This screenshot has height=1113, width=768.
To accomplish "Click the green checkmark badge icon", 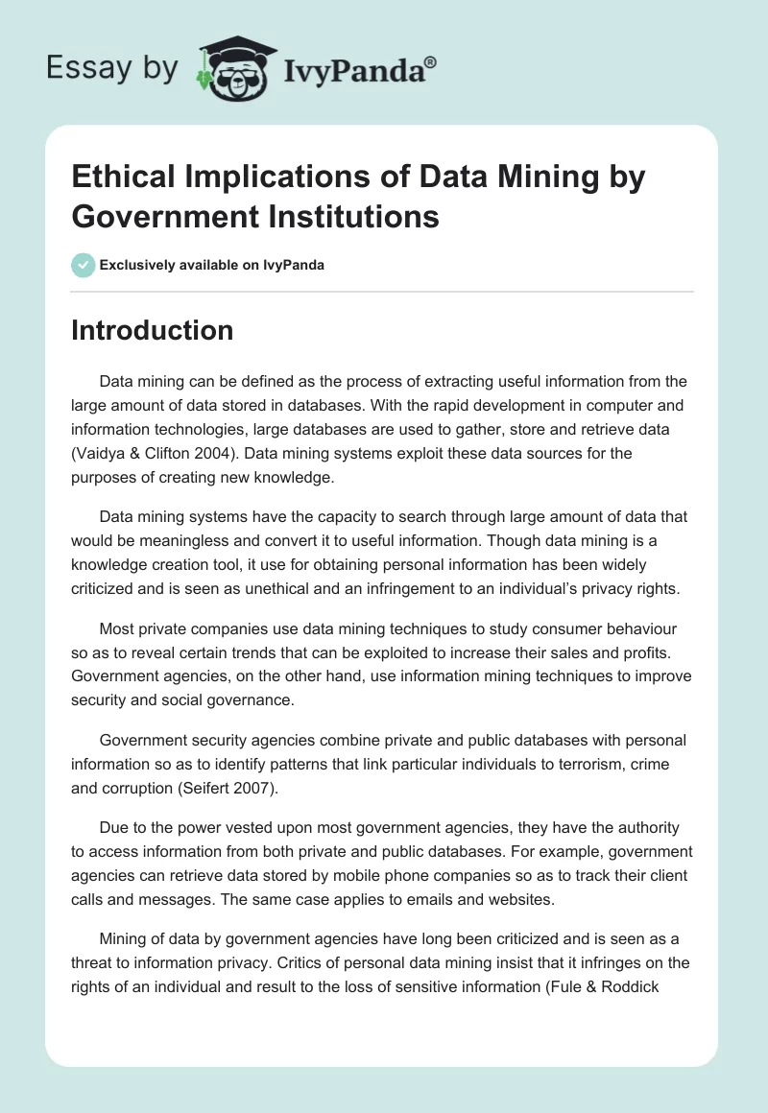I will coord(83,265).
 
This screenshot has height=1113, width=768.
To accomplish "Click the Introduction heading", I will coord(153,330).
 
